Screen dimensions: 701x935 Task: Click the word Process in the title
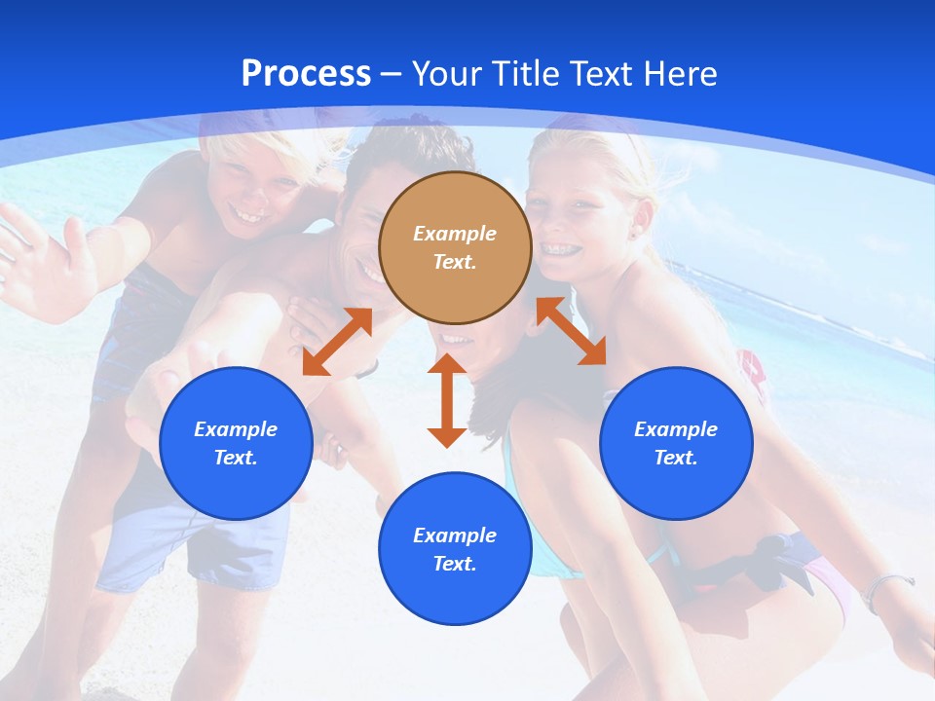(x=306, y=74)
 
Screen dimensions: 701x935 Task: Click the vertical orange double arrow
(x=447, y=400)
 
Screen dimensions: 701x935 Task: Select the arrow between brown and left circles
(x=337, y=342)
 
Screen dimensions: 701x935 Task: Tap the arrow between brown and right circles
(x=571, y=331)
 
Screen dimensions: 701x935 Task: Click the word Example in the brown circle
(x=455, y=234)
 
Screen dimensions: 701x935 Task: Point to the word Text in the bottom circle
(x=455, y=564)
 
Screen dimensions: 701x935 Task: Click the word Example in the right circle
(x=676, y=429)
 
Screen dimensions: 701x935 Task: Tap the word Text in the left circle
(x=236, y=458)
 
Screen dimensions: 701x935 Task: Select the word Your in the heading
(x=447, y=74)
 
